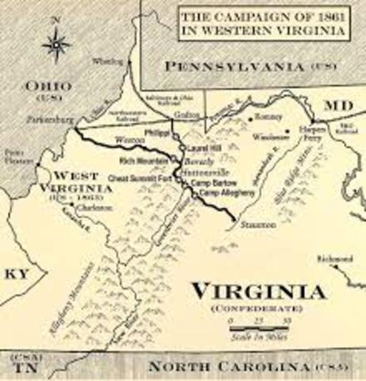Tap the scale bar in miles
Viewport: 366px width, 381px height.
(259, 325)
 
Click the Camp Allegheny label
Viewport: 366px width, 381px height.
(221, 193)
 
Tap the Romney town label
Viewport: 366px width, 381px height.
(265, 117)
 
